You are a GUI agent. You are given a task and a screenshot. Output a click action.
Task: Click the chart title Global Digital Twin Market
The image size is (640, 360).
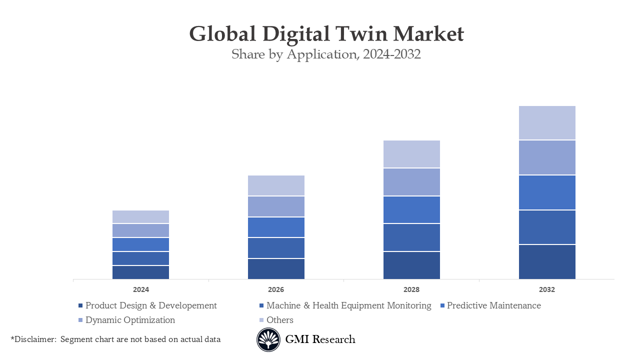point(326,34)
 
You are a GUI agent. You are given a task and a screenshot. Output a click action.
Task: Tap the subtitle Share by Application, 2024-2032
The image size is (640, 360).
point(326,54)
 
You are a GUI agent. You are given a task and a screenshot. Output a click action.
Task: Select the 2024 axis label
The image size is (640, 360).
point(140,289)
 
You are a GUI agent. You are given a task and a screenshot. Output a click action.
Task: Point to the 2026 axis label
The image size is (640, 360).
point(276,289)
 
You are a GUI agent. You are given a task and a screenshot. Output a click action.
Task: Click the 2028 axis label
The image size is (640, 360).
point(411,289)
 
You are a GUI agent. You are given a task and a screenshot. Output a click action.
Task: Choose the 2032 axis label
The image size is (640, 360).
point(547,289)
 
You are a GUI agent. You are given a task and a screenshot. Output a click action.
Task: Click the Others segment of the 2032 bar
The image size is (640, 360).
point(547,122)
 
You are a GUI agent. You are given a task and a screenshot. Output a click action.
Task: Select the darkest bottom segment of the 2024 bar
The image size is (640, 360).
point(140,272)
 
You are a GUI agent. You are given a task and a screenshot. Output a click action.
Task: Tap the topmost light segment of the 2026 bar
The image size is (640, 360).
point(276,185)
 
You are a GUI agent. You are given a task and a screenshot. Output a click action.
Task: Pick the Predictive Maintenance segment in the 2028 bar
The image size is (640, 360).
point(411,209)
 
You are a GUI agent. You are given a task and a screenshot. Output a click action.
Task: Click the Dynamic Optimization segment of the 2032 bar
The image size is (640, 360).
point(547,157)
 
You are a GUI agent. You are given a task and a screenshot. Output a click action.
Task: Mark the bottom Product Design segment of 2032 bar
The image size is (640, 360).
point(547,261)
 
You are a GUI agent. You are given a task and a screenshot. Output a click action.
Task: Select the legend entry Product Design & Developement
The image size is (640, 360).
point(151,305)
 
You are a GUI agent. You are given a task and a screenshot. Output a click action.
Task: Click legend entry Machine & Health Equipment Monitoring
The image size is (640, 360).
point(348,305)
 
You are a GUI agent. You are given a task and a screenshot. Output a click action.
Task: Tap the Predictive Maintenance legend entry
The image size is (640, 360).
point(493,305)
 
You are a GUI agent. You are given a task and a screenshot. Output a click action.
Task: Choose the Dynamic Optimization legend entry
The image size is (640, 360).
point(130,320)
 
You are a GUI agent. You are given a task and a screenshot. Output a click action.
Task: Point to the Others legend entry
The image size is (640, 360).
point(279,320)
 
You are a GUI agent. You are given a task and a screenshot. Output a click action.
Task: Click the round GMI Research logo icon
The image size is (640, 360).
point(268,339)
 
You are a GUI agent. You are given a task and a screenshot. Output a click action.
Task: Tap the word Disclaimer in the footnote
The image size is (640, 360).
point(34,339)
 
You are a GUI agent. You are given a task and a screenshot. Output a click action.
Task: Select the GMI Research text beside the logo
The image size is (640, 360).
point(320,339)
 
